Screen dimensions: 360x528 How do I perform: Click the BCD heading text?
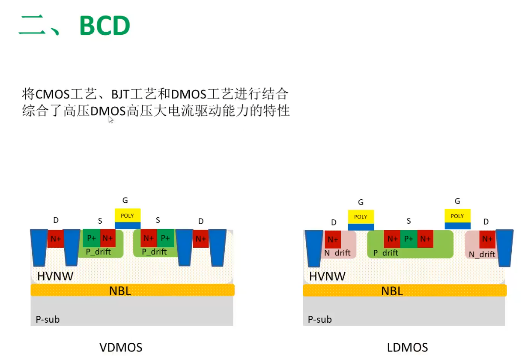(104, 27)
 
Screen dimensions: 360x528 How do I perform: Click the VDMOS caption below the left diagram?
(121, 347)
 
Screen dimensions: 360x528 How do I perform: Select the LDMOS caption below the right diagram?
(407, 347)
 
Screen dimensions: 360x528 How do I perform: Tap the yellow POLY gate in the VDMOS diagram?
(127, 216)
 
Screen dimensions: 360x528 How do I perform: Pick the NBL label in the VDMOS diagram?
(120, 291)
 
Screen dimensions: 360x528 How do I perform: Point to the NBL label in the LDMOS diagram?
(392, 291)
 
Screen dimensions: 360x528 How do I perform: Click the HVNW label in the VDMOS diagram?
(55, 276)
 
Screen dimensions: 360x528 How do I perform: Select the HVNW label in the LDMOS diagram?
(327, 276)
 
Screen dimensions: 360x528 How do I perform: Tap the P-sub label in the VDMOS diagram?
(48, 319)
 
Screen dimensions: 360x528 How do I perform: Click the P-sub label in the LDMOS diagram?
(320, 319)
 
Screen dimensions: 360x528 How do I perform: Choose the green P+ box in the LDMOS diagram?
(409, 239)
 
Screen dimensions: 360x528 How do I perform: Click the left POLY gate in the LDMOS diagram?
(361, 216)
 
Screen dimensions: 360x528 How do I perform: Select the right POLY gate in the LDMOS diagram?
(457, 216)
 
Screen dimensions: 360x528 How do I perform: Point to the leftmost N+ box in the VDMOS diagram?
(56, 239)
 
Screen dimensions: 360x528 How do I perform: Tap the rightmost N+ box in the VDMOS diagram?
(200, 239)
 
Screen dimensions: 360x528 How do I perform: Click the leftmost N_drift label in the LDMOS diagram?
(337, 253)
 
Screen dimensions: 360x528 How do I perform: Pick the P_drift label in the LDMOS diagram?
(385, 253)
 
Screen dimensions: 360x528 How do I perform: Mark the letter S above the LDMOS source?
(409, 221)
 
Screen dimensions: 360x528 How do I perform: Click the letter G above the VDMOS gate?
(125, 200)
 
